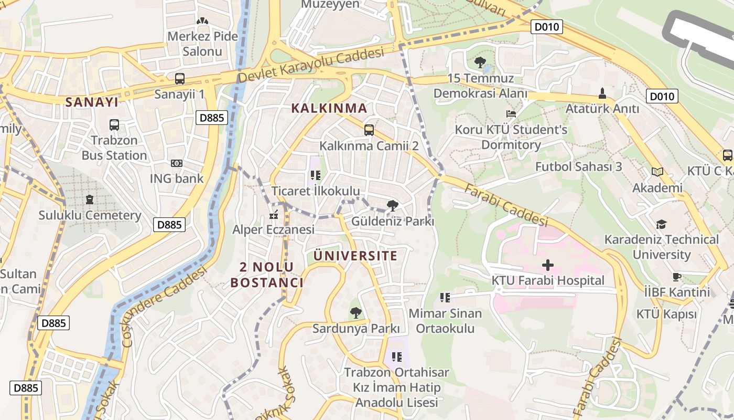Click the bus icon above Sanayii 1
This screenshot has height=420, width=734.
point(179,79)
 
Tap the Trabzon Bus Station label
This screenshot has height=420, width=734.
point(114,148)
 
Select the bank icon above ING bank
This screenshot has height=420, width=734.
point(177,163)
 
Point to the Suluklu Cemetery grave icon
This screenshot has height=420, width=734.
point(90,200)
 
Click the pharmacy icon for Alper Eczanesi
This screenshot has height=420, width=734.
point(273,214)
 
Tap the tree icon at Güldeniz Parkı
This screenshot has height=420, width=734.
point(392,206)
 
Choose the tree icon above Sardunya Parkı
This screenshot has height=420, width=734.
point(355,313)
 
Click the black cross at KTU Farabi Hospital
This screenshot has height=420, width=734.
point(548,265)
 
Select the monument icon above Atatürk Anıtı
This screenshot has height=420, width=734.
point(602,94)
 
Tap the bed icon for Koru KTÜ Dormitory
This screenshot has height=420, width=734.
point(511,114)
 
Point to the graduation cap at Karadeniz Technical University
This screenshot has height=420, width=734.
point(661,225)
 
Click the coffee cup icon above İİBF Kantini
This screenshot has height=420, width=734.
point(676,277)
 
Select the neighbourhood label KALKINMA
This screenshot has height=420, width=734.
point(329,109)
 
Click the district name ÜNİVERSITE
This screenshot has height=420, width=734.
point(355,256)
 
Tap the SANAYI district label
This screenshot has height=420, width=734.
point(92,102)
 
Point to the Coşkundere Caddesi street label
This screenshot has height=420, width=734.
point(164,307)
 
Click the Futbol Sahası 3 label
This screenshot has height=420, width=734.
point(578,167)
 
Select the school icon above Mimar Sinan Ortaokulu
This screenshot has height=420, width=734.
point(445,298)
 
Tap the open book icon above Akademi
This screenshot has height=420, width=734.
point(657,172)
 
